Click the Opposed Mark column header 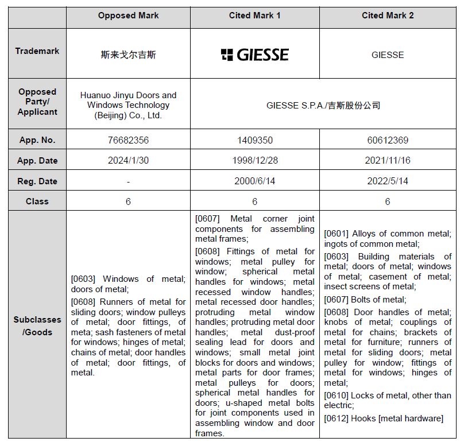[128, 15]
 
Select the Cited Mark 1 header [254, 15]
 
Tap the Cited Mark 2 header [388, 15]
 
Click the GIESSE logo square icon [227, 55]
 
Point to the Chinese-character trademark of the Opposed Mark [128, 55]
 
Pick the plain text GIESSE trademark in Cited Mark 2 [388, 55]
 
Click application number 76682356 [128, 140]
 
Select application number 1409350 [254, 140]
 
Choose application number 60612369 [388, 140]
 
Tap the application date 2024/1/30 [128, 161]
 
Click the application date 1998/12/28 [254, 161]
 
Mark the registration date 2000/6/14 [254, 181]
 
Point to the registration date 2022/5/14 [388, 181]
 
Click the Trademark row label [37, 51]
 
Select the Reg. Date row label [37, 181]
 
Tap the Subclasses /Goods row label [37, 325]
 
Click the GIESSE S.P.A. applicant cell [323, 106]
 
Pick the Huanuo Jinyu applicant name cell [128, 105]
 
